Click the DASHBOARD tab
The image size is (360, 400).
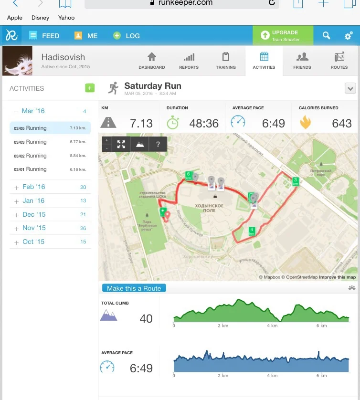[x=151, y=61]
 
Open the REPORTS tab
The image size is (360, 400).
[x=189, y=61]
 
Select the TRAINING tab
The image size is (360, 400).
[x=226, y=61]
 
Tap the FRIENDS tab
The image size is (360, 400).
[x=302, y=61]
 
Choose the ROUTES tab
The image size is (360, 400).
[x=339, y=61]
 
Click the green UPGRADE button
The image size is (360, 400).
[x=283, y=36]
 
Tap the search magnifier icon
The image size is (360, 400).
[x=326, y=36]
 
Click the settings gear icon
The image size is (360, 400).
[x=349, y=36]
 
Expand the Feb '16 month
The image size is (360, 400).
[x=33, y=187]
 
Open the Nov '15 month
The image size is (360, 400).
[x=33, y=228]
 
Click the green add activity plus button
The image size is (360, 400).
[x=90, y=88]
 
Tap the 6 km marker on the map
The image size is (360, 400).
[x=189, y=175]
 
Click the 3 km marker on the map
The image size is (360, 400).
[x=296, y=181]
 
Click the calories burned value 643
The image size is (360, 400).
[x=341, y=123]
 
